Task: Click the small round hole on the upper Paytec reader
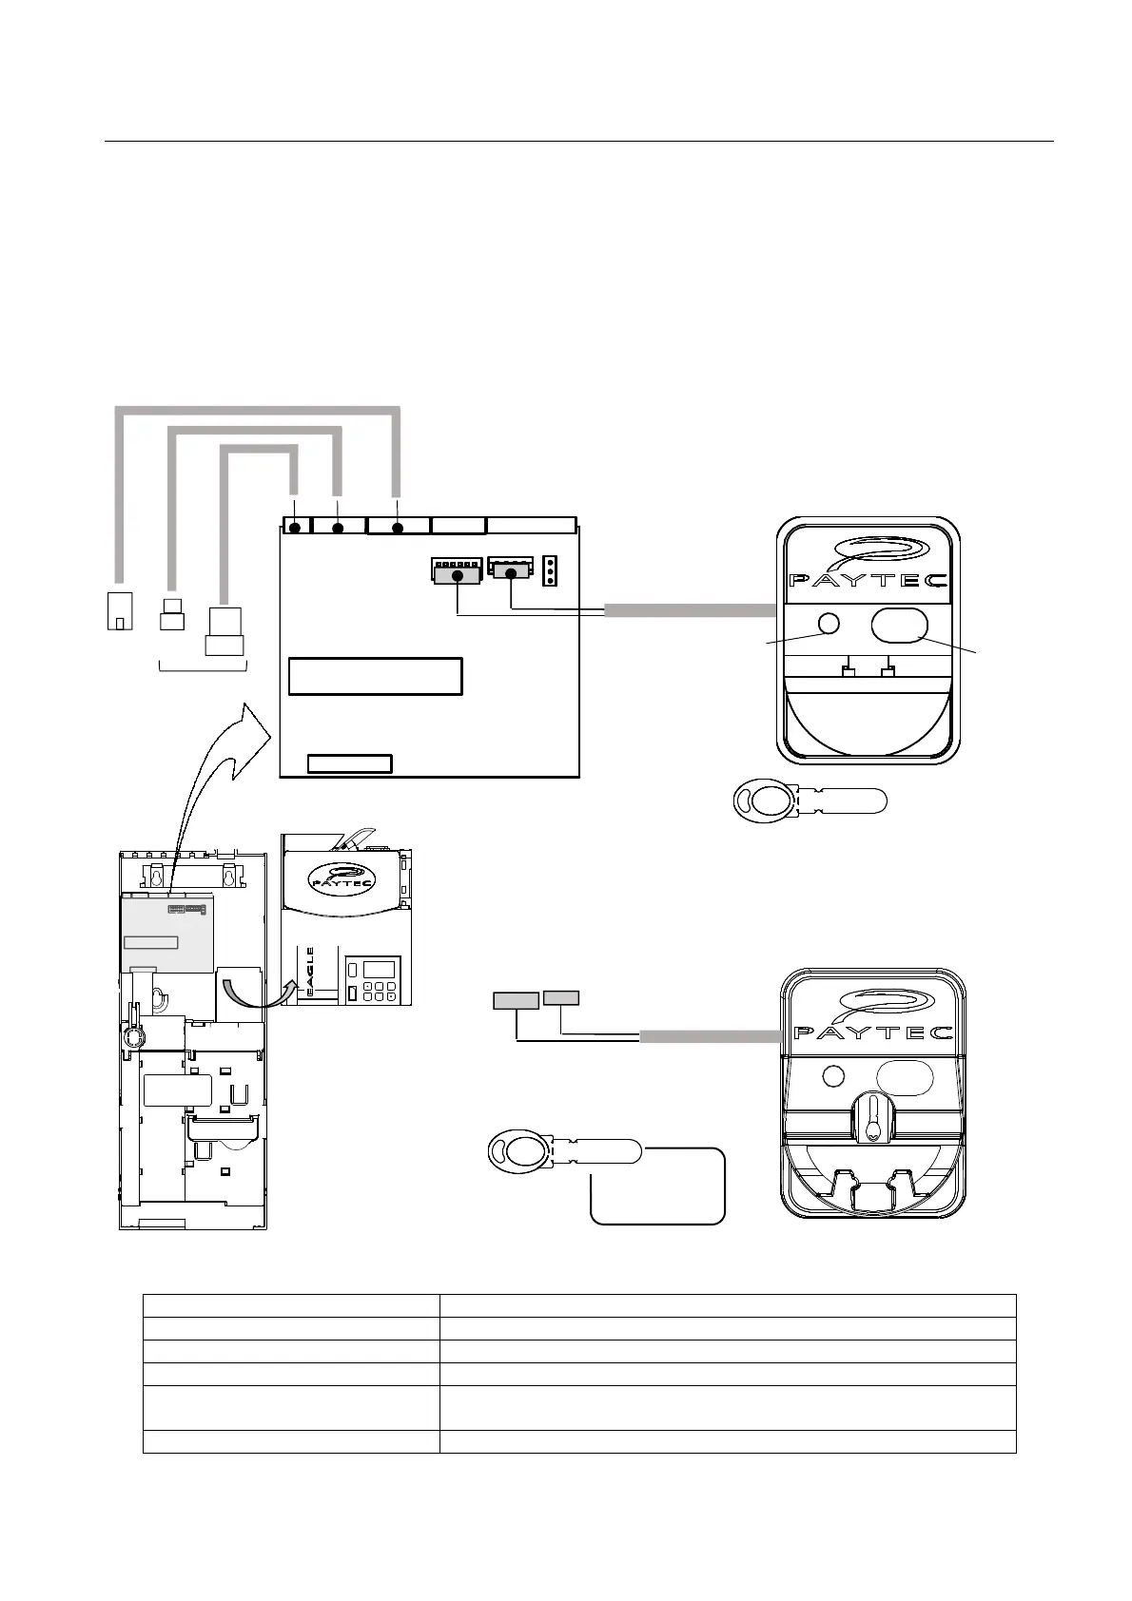tap(829, 624)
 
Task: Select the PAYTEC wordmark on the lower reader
tap(872, 1033)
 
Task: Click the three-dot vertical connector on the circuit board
tap(550, 571)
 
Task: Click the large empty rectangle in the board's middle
tap(375, 676)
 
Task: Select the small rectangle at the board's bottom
tap(350, 763)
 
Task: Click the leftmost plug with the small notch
tap(118, 610)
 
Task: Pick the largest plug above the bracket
tap(225, 632)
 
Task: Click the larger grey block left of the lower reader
tap(516, 1000)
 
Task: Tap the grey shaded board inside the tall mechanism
tap(166, 932)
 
